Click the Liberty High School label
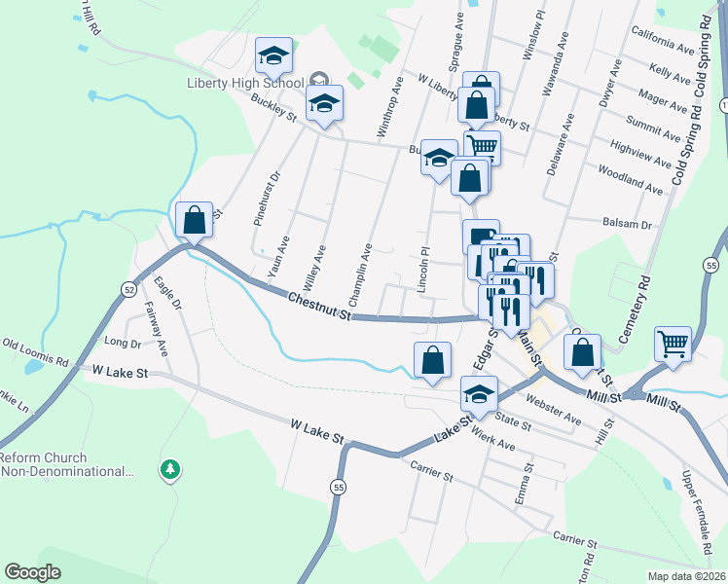245,83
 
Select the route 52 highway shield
129,289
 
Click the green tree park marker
171,471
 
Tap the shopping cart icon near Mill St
673,344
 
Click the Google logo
32,572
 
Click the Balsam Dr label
627,224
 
